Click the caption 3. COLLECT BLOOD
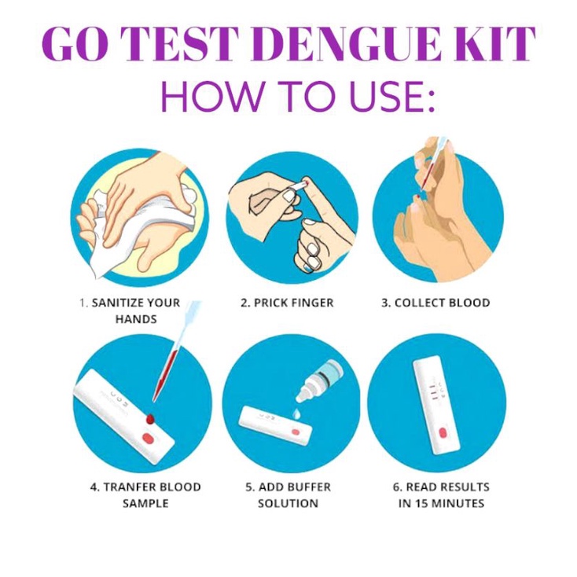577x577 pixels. pos(436,303)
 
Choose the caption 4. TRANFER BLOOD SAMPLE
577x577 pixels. pos(145,494)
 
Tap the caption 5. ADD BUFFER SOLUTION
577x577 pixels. pos(288,494)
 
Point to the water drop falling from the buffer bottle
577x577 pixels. pos(296,412)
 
